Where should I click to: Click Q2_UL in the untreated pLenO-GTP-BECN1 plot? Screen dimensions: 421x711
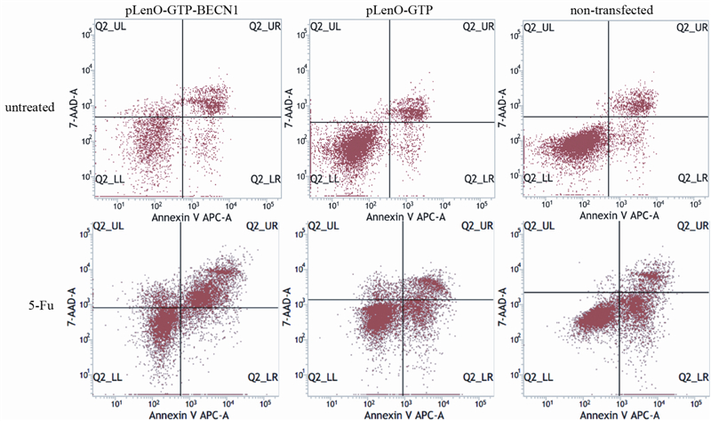tap(113, 27)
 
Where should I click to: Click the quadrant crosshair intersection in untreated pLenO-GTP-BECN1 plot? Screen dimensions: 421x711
tap(181, 117)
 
